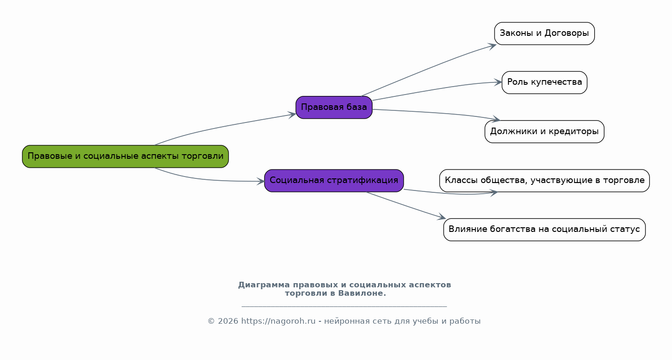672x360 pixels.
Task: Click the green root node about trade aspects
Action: point(125,156)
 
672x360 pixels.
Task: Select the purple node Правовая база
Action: point(334,108)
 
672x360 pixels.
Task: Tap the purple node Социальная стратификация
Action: point(334,181)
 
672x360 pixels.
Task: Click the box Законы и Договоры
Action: point(544,34)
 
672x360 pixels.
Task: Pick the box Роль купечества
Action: point(544,82)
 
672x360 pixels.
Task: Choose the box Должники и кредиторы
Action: point(544,132)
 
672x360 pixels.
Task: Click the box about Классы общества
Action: point(544,181)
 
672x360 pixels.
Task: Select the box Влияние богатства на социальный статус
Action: point(544,230)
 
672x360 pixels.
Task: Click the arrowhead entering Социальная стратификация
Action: point(261,181)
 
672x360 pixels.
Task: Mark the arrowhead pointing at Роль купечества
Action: point(498,82)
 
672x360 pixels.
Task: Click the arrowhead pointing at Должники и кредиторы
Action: point(496,119)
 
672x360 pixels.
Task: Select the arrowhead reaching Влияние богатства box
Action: point(441,217)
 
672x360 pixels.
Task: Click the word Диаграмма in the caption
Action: point(264,285)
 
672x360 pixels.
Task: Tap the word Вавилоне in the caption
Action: point(362,293)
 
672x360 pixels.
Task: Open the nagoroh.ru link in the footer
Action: point(278,321)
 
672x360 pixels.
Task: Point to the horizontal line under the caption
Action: point(344,306)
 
